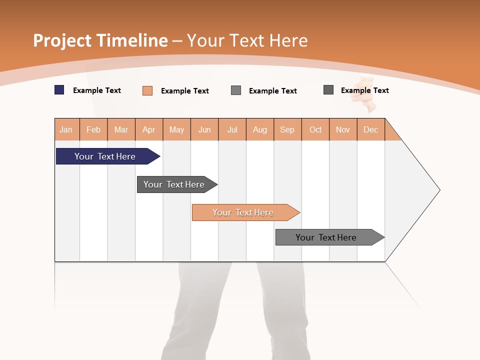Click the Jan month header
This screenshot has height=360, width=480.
(x=66, y=129)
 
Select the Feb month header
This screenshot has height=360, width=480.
(x=93, y=129)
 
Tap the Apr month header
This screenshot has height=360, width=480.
(x=149, y=129)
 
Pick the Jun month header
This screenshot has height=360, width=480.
(x=204, y=129)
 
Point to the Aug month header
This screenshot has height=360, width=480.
(x=260, y=129)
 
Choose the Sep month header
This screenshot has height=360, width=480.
(x=287, y=129)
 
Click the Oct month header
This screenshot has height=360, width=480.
(x=315, y=129)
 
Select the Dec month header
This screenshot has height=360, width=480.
(x=371, y=129)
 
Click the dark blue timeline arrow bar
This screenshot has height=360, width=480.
(x=105, y=156)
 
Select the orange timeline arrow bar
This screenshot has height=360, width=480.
(x=243, y=212)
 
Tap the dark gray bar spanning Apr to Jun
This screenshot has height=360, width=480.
(x=174, y=184)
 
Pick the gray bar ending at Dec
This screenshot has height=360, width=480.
(x=326, y=237)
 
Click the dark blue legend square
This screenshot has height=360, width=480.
(x=59, y=90)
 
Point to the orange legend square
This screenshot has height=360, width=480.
(x=147, y=90)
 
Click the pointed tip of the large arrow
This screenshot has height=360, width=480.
(x=438, y=190)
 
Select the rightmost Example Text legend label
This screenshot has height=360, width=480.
(x=364, y=90)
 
